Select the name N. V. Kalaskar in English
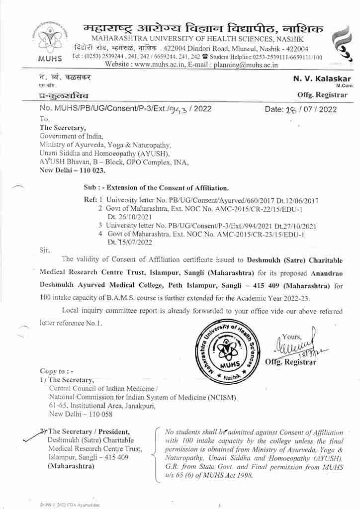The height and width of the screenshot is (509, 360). [322, 79]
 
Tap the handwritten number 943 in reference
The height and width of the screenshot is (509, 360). [176, 110]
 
